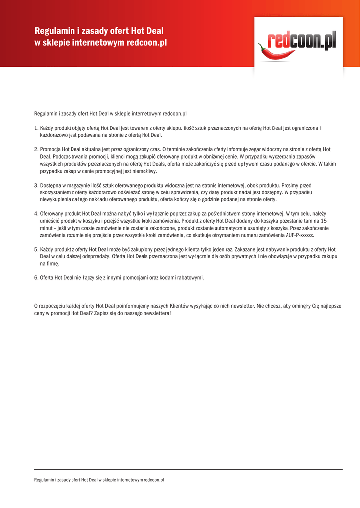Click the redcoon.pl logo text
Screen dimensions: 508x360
pos(302,41)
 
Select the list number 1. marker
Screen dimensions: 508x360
pos(36,128)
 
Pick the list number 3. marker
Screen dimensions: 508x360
pos(36,185)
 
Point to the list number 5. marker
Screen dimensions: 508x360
pos(36,249)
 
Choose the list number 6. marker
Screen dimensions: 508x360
pos(36,277)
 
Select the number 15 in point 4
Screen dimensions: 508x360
pos(323,221)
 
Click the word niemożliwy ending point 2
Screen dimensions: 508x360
pos(144,171)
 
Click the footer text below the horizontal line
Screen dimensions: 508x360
pos(99,480)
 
